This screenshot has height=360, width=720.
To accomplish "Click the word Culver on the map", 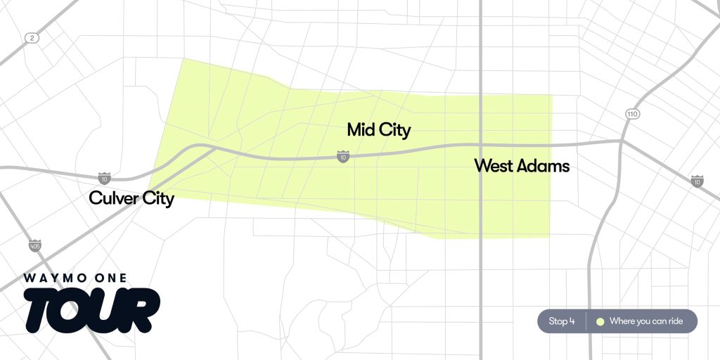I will pos(112,199).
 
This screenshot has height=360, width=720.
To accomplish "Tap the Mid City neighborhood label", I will pos(378,130).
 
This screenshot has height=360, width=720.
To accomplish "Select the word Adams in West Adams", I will pos(543,167).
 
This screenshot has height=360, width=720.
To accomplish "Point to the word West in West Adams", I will pos(494,167).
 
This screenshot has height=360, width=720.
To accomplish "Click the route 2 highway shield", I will pos(31,38).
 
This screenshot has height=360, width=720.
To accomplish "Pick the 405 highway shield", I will pos(34,245).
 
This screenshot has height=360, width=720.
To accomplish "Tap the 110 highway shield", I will pos(631,114).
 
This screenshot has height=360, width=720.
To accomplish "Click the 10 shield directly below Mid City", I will pos(342,157).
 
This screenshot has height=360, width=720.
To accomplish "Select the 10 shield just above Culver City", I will pos(104,178).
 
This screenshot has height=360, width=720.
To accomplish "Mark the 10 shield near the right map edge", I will pos(697,181).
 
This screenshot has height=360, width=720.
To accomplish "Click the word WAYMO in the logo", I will pos(54,278).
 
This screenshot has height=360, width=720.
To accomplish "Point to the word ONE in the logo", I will pos(109,278).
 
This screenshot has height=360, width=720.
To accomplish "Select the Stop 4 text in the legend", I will pos(562,321).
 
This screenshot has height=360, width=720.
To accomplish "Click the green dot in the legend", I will pos(600,321).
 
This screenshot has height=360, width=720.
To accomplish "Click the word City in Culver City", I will pos(155,199).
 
